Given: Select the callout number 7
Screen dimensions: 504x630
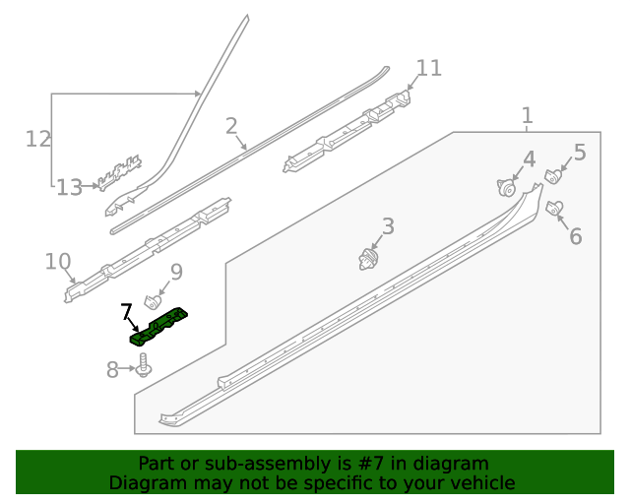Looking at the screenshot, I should click(x=126, y=314).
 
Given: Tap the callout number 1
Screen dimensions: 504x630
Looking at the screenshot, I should click(x=527, y=116).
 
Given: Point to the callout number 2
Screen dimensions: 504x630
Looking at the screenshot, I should click(x=231, y=126).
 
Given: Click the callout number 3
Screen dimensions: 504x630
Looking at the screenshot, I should click(x=388, y=227).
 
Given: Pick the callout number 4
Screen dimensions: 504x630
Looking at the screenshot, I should click(x=529, y=158).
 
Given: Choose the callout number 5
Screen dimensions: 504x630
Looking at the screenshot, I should click(x=580, y=152).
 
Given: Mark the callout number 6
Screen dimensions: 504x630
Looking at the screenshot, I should click(x=576, y=236).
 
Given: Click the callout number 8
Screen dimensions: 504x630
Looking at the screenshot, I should click(x=112, y=369).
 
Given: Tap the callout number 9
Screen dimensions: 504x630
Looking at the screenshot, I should click(x=176, y=272).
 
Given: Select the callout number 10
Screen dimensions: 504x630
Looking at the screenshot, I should click(x=58, y=262).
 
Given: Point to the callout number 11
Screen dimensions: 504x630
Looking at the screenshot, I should click(x=429, y=68).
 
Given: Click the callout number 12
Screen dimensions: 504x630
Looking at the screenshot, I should click(x=37, y=139).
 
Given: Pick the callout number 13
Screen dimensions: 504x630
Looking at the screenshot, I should click(x=69, y=187).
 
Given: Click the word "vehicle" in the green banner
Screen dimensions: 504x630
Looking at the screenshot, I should click(x=481, y=483).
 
